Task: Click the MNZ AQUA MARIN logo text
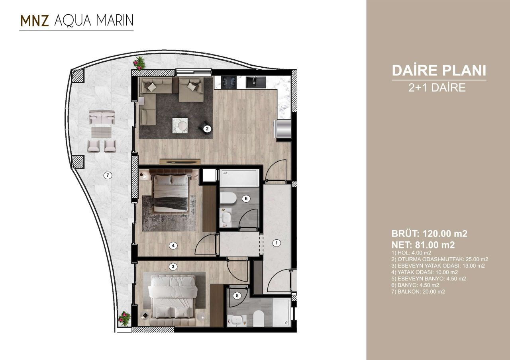click(76, 22)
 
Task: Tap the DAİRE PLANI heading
click(439, 70)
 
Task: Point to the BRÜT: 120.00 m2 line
click(430, 234)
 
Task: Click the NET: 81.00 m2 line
click(423, 245)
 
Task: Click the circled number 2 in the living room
click(207, 129)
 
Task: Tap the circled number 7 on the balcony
click(107, 175)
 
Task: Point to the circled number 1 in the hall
click(277, 243)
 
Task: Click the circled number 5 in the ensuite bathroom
click(237, 295)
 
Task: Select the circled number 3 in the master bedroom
click(172, 267)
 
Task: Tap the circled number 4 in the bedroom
click(173, 246)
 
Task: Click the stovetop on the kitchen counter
click(229, 82)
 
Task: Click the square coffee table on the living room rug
click(180, 125)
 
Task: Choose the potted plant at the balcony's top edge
click(139, 62)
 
